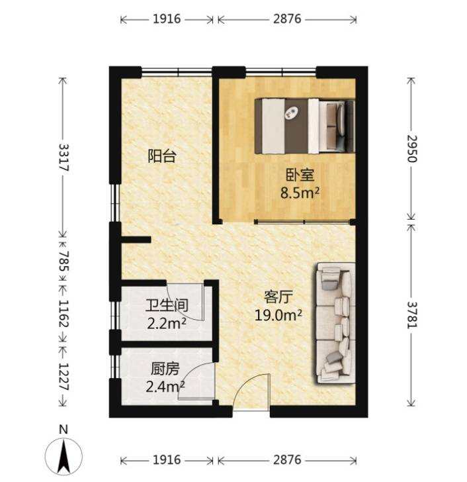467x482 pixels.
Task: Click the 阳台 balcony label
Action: point(162,156)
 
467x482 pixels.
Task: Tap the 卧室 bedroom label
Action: point(300,175)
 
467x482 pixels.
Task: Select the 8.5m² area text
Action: point(300,193)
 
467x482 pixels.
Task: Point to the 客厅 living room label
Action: point(278,297)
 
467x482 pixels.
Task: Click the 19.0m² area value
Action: point(278,315)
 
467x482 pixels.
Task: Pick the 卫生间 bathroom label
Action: point(167,306)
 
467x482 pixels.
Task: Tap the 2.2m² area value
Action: point(167,323)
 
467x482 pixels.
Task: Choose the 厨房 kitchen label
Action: point(165,369)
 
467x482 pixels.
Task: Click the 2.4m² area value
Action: point(165,387)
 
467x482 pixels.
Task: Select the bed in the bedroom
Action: point(305,126)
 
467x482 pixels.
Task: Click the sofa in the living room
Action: point(335,323)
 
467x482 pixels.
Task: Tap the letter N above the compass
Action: point(64,429)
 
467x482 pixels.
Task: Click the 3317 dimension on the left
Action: point(64,158)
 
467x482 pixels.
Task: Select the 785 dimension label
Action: point(64,262)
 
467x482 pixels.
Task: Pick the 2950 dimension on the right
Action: point(412,148)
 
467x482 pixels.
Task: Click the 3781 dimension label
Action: point(412,314)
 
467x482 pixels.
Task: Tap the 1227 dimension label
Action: point(64,377)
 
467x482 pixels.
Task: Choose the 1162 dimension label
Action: point(64,314)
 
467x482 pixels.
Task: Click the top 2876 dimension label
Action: point(287,19)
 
